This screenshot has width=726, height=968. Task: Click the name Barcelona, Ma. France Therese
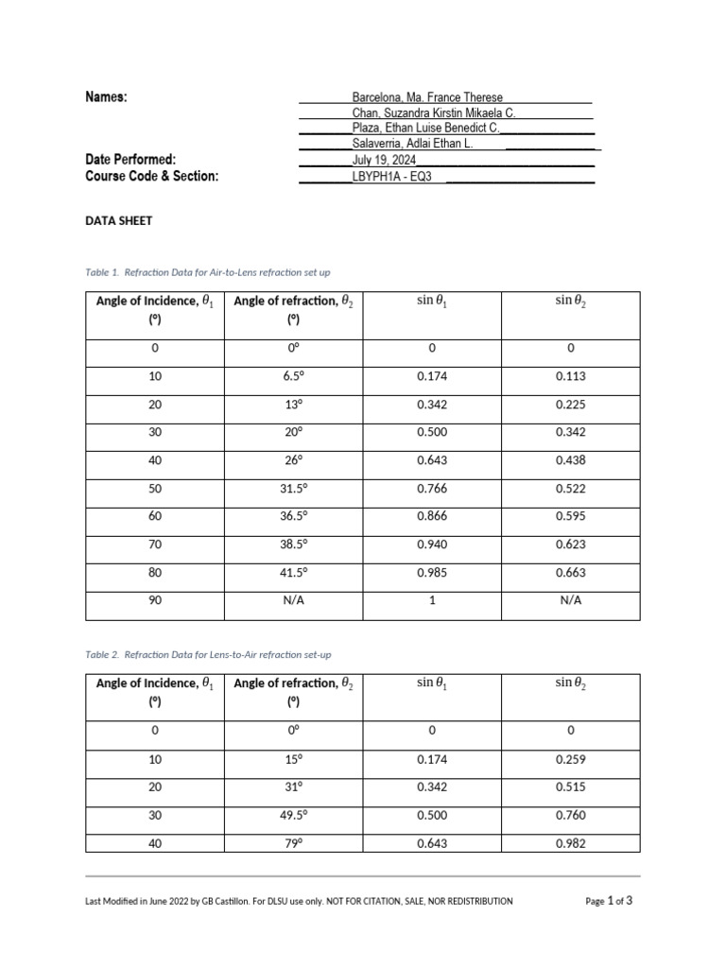pos(427,97)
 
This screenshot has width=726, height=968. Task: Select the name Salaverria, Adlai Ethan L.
pos(412,143)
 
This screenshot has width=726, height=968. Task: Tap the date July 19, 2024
pos(377,160)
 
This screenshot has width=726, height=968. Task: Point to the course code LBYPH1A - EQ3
pos(391,176)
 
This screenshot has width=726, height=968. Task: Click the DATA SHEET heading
pos(118,220)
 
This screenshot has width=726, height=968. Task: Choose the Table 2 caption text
pos(208,654)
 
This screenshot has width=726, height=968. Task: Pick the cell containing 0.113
pos(570,376)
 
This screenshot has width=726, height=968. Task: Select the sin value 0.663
pos(570,573)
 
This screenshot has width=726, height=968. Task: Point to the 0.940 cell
pos(431,544)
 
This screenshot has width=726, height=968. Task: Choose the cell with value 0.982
pos(570,843)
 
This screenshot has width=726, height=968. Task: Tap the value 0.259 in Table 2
pos(570,759)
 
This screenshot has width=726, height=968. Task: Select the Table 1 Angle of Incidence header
pos(154,309)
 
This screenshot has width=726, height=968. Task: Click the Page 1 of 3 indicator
pos(609,901)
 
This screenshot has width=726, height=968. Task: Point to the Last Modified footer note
pos(299,902)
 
